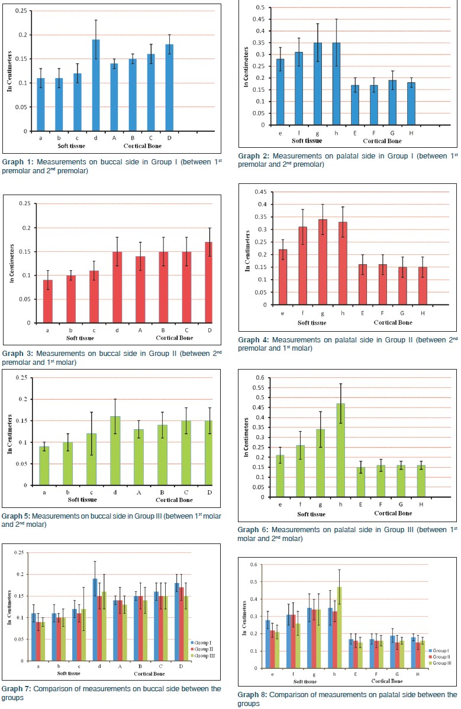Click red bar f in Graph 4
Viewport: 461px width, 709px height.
click(x=303, y=266)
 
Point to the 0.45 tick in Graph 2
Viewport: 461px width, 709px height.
click(x=257, y=19)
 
